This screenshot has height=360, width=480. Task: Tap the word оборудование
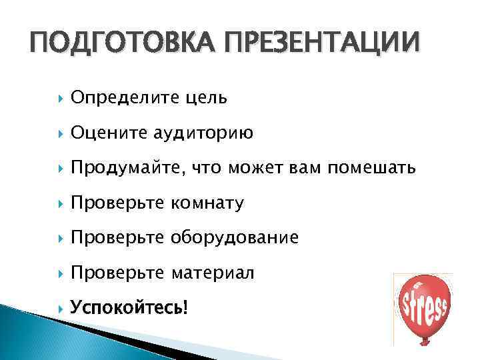236,238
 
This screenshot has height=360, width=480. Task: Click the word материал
213,273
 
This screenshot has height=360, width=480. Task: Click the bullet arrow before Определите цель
61,99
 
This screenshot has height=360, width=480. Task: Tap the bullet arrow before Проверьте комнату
61,203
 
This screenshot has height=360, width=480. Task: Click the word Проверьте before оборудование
119,238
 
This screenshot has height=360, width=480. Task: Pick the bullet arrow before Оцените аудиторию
61,133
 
